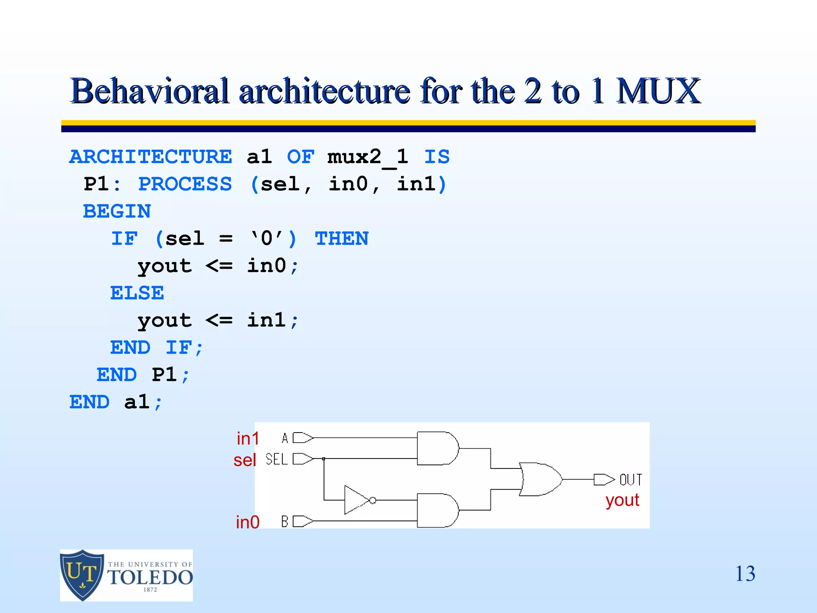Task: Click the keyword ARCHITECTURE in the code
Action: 150,156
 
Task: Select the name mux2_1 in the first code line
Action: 367,156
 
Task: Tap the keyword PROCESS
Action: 185,184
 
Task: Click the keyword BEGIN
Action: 117,211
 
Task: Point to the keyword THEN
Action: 341,239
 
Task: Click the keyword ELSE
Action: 137,293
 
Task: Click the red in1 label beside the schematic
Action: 248,439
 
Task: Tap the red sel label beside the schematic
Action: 245,460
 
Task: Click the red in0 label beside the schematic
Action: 247,522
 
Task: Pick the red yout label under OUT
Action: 622,500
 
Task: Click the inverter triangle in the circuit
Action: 356,500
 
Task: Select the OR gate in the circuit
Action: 540,479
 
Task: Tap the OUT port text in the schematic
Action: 630,479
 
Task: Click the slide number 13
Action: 745,574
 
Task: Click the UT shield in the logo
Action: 82,575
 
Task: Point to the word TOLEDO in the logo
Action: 150,577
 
